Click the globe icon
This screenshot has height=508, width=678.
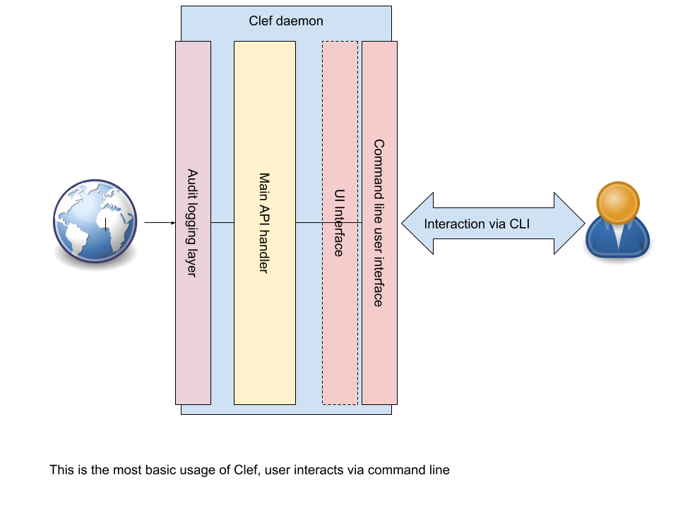click(x=95, y=221)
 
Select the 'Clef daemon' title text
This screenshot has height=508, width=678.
click(x=286, y=21)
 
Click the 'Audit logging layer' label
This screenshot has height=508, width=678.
click(x=192, y=222)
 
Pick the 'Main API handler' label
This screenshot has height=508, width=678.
click(x=264, y=223)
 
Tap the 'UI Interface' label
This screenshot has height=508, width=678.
click(x=339, y=223)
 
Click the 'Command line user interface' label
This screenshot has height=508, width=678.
click(x=379, y=223)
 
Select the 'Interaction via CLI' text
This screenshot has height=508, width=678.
click(x=477, y=224)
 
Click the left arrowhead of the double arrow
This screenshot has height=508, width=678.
click(x=417, y=224)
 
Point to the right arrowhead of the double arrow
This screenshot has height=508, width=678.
click(x=569, y=224)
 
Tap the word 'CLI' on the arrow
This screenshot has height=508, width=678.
click(x=519, y=224)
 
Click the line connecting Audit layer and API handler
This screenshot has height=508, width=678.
click(x=222, y=223)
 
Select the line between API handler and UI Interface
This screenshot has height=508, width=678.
click(x=309, y=223)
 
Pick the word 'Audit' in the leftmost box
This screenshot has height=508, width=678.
click(x=192, y=183)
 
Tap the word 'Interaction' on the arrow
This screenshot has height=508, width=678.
click(x=453, y=224)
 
